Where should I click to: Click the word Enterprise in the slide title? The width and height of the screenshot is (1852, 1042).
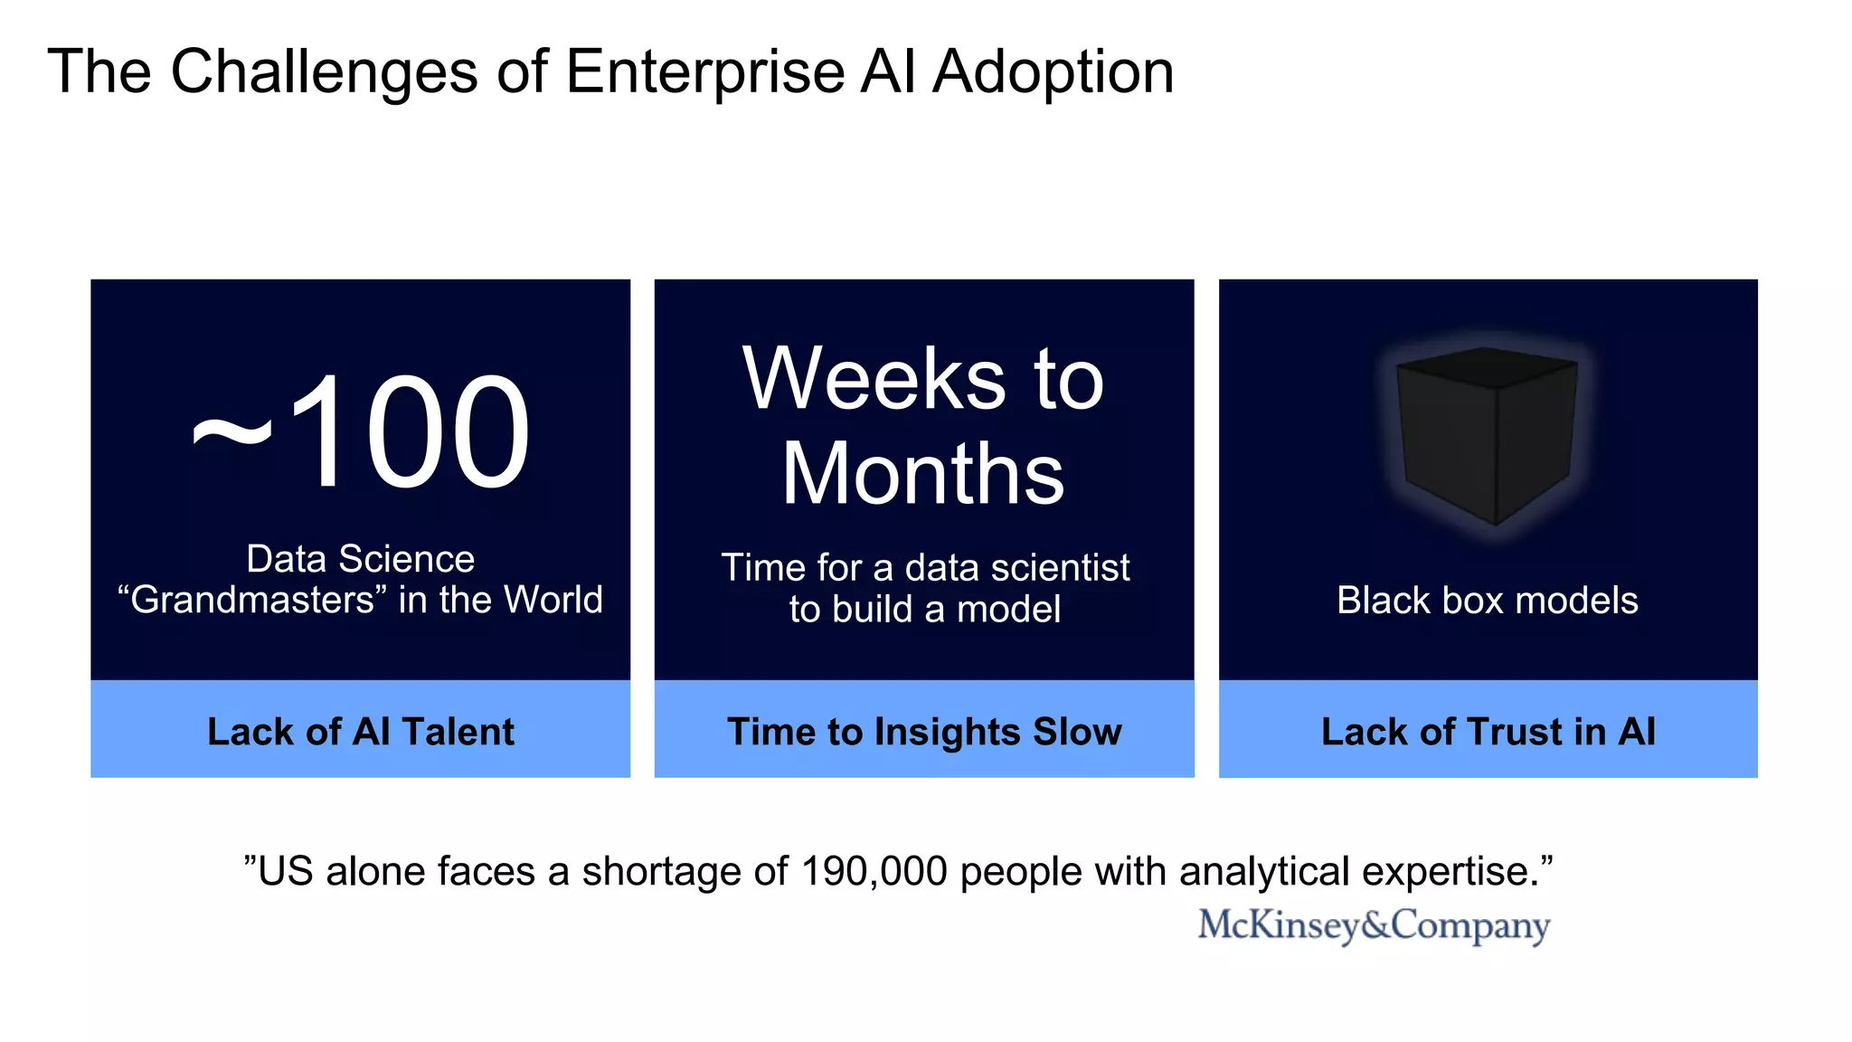[x=704, y=72]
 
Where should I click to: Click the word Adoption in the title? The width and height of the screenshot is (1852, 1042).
[x=1053, y=72]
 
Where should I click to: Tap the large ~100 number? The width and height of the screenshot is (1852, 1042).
[x=361, y=432]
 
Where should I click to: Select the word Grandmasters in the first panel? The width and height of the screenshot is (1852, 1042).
[x=252, y=601]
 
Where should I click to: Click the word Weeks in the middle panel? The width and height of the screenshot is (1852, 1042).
[x=873, y=379]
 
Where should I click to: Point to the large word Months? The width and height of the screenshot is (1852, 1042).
[x=923, y=474]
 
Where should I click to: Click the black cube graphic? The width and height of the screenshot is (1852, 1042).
[x=1487, y=435]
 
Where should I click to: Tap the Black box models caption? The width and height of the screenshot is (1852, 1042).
[x=1488, y=601]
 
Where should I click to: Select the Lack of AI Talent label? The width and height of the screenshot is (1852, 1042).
[x=360, y=731]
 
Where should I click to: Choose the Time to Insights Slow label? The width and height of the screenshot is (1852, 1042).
[x=924, y=731]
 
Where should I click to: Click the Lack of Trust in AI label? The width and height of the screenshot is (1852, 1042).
[x=1488, y=731]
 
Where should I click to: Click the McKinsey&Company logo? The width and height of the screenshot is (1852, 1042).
[x=1374, y=925]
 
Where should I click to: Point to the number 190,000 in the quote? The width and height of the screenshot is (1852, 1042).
[x=874, y=872]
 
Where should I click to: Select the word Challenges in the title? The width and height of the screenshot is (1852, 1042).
[x=324, y=72]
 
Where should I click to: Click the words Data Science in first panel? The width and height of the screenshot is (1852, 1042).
[x=360, y=559]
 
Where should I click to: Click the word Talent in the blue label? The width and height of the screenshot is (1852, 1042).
[x=458, y=731]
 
